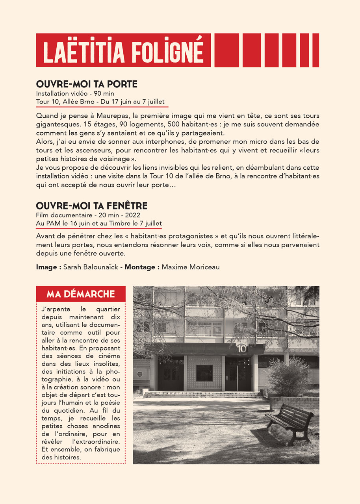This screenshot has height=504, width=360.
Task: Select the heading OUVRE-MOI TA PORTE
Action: coord(87,84)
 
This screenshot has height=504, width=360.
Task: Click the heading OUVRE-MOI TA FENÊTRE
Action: coord(92,206)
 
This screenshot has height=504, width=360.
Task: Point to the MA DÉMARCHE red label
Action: coord(81,294)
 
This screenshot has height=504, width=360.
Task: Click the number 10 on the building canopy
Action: coord(241,348)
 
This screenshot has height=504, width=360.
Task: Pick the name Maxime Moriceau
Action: coord(191,267)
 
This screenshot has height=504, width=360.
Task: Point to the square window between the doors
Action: coord(204,372)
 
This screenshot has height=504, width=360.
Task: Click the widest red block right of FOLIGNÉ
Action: coord(226,50)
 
